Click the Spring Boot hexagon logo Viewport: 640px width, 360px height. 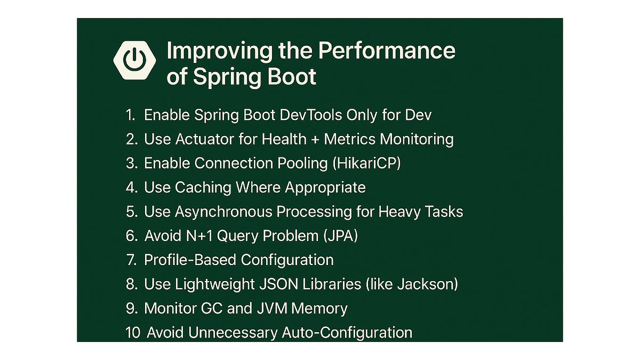(x=134, y=60)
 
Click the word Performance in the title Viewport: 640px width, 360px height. (x=387, y=51)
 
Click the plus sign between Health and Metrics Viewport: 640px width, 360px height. (x=315, y=140)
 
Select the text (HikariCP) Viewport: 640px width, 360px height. (x=367, y=163)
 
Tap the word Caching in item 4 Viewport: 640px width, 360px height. (x=203, y=188)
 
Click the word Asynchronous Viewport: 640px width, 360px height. (x=223, y=212)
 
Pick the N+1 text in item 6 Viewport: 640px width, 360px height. (x=199, y=236)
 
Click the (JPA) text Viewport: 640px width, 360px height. (x=341, y=236)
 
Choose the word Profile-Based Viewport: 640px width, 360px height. (x=190, y=260)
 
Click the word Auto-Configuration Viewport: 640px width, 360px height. (x=347, y=333)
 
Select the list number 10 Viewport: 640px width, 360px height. (x=133, y=333)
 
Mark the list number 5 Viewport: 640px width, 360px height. (x=132, y=212)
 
